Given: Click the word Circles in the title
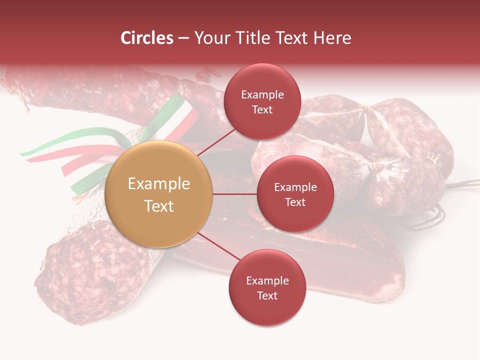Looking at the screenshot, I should [x=147, y=38].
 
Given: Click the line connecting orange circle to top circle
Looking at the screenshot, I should [x=216, y=141].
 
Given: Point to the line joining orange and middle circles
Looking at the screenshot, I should [x=235, y=194].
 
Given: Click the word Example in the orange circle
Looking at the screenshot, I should [x=159, y=184].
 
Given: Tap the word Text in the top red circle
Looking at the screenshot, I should [x=262, y=109].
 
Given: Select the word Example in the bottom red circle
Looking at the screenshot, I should [x=267, y=280].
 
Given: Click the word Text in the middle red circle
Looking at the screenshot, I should [x=295, y=202].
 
